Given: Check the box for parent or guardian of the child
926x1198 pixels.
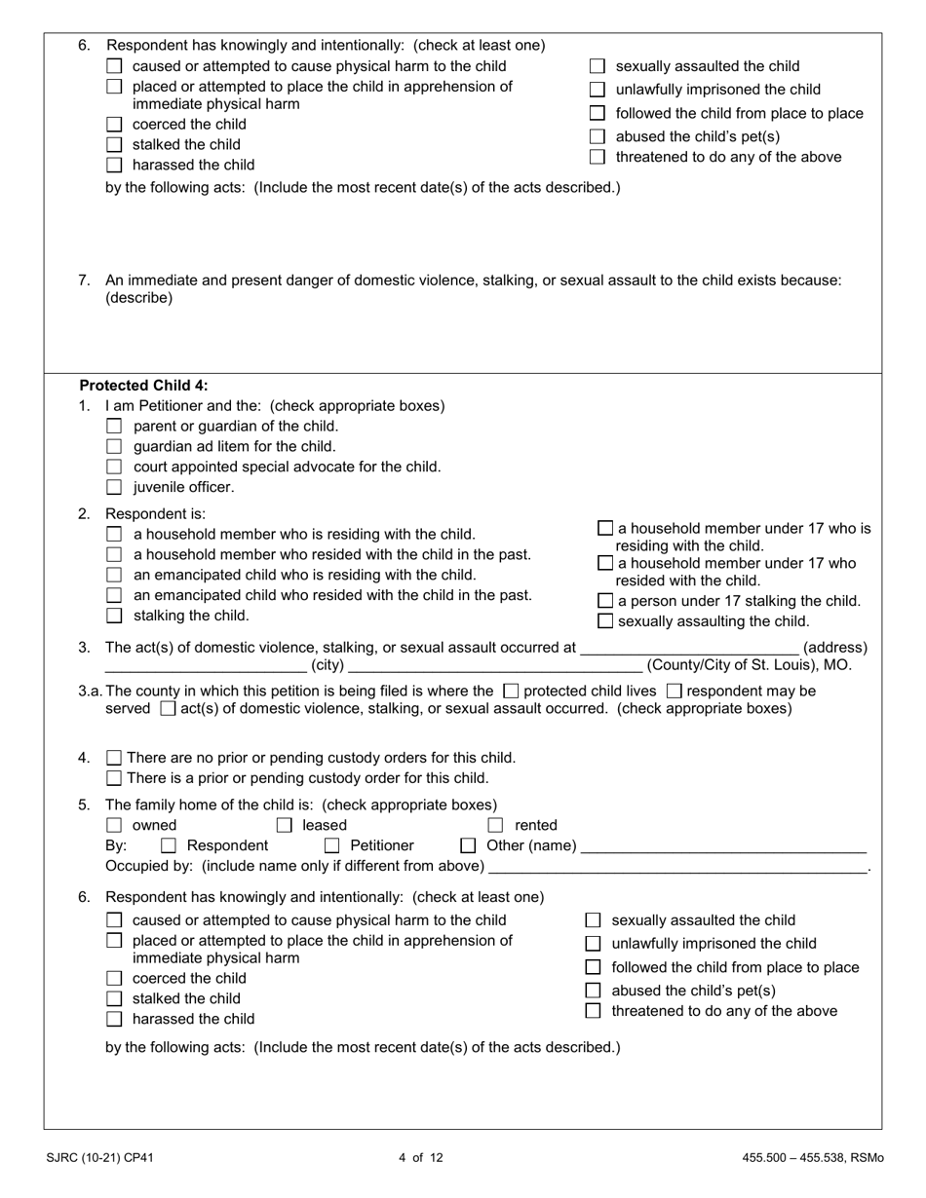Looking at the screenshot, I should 114,427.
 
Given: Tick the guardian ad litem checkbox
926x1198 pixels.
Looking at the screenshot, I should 114,447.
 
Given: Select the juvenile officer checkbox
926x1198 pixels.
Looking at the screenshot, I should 114,487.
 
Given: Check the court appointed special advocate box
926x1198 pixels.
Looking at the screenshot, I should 114,467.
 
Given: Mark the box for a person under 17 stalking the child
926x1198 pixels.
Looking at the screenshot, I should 605,601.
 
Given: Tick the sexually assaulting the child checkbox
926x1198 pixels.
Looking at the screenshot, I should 605,621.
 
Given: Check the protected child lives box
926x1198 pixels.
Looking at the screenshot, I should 510,691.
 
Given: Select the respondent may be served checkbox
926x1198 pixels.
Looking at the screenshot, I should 674,691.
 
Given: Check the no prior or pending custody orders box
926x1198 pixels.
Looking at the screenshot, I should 114,758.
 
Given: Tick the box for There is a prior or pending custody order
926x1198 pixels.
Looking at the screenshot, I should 114,777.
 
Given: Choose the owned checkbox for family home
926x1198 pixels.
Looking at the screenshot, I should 114,826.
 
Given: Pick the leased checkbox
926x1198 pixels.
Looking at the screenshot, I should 285,826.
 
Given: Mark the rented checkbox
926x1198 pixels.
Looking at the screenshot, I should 495,826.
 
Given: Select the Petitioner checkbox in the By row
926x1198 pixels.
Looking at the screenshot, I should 331,845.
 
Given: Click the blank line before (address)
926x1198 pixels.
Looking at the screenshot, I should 688,649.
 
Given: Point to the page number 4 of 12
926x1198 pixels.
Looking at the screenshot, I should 421,1158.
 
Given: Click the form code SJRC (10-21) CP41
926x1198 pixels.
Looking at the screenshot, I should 99,1158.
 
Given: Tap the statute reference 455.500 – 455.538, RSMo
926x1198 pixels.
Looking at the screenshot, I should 812,1158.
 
